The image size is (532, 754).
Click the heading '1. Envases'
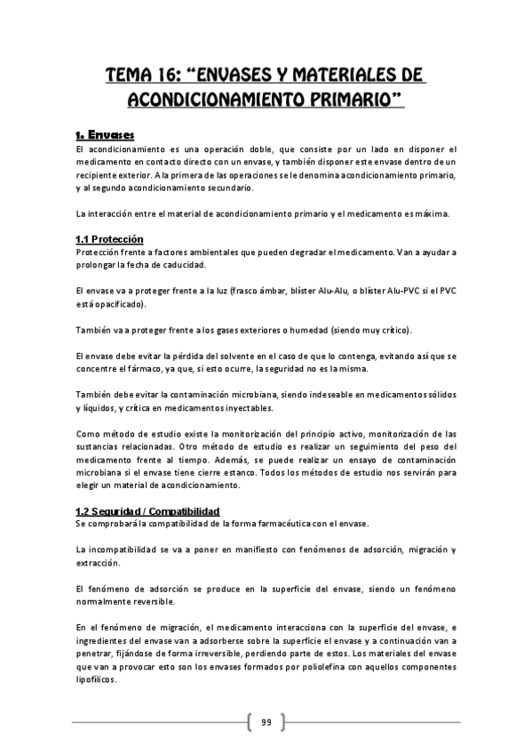click(104, 135)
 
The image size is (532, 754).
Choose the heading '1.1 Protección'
click(109, 239)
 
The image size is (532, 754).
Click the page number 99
click(266, 721)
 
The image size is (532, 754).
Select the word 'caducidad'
click(183, 265)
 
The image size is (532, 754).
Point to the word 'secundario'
click(224, 188)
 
